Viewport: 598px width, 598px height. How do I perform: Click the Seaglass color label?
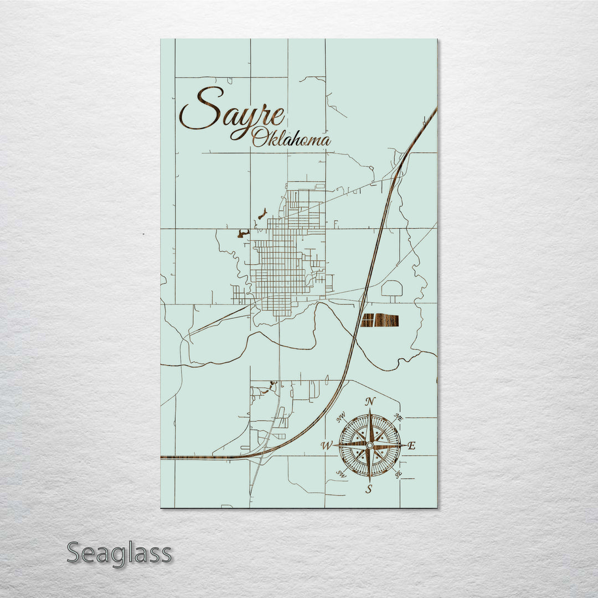[x=119, y=553]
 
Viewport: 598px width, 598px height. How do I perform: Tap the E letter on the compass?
[x=411, y=446]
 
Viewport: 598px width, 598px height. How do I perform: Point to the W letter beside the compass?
[x=327, y=445]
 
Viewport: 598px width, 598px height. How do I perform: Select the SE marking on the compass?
[x=398, y=473]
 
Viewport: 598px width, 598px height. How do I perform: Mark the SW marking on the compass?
[x=342, y=473]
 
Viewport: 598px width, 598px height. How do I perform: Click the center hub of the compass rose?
[x=370, y=445]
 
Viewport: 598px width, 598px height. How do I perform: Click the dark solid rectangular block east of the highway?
[x=380, y=320]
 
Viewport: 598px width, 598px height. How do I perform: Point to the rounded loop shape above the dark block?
[x=392, y=288]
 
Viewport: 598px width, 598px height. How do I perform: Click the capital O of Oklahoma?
[x=259, y=138]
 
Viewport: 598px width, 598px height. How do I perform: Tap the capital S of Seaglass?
[x=75, y=553]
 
